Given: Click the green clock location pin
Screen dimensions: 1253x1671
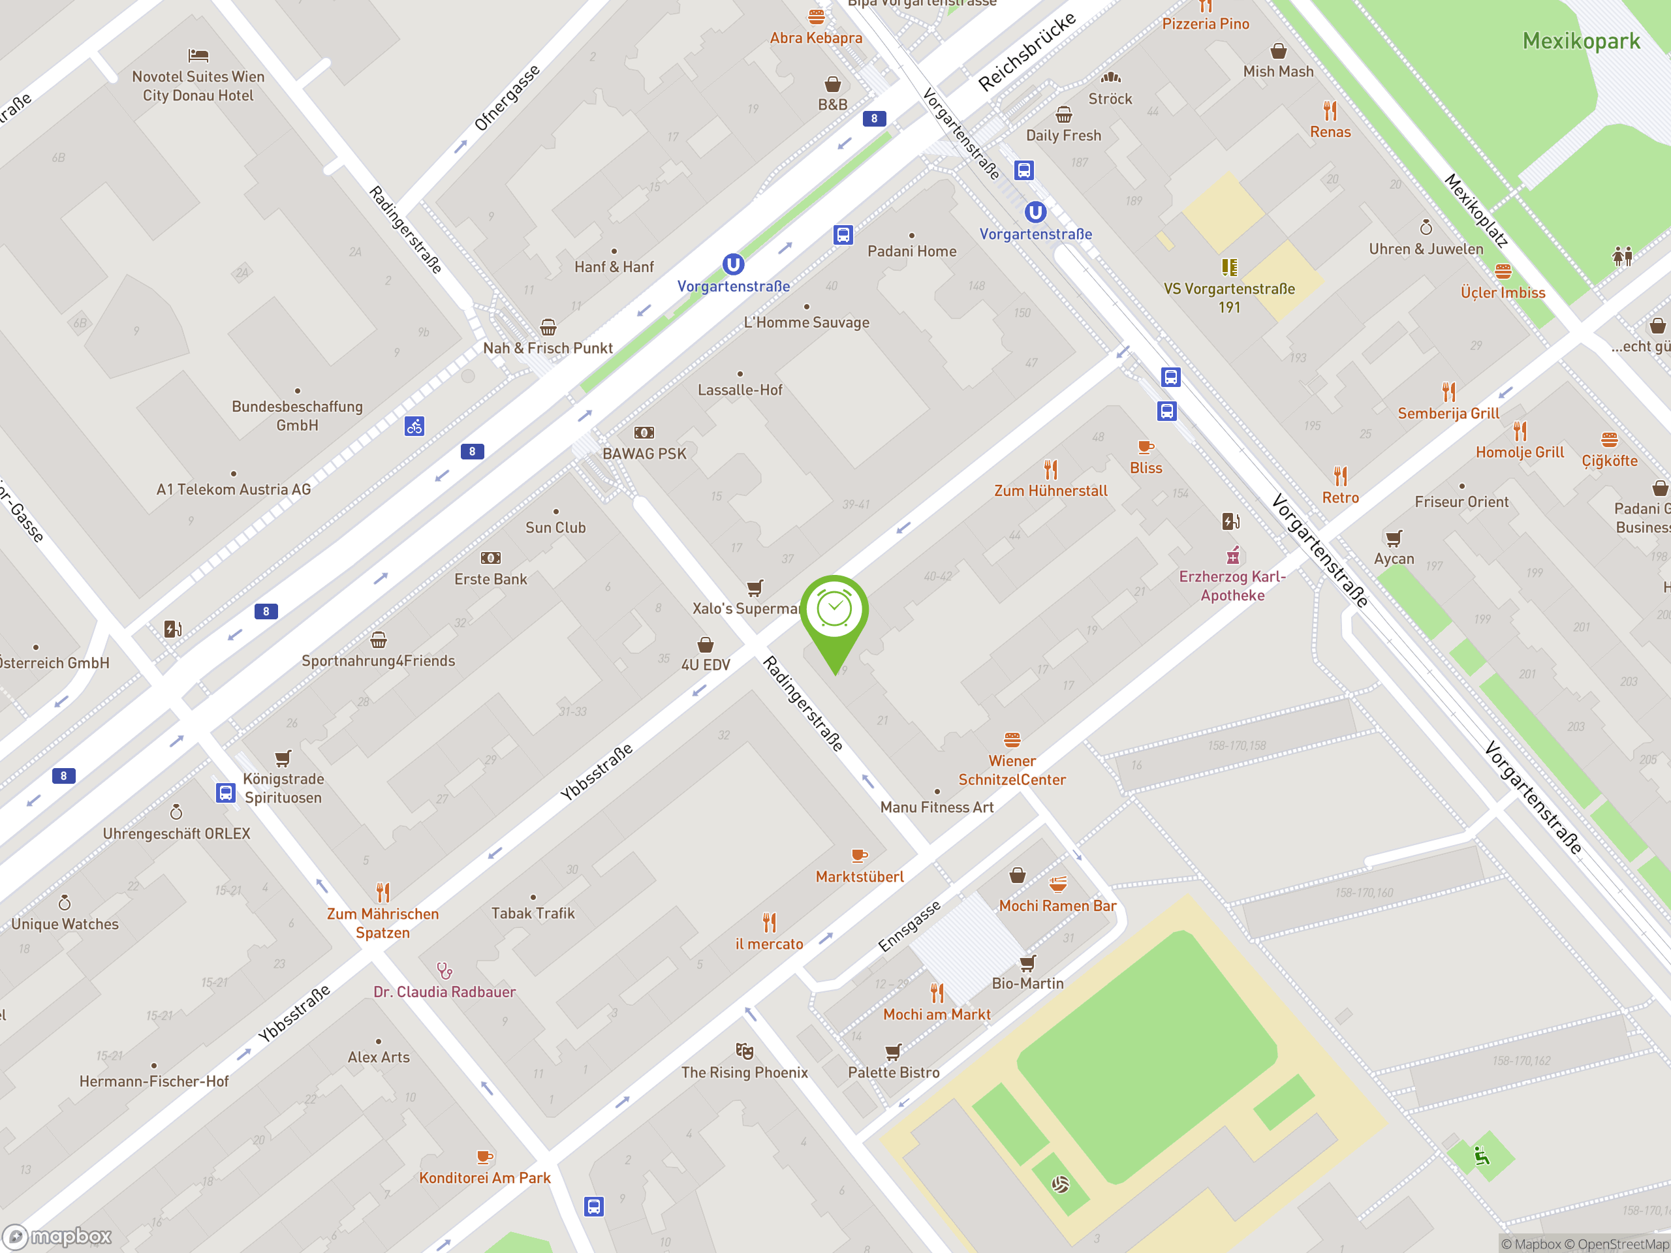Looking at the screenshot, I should (x=834, y=611).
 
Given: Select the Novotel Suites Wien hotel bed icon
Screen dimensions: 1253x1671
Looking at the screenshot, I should (x=198, y=55).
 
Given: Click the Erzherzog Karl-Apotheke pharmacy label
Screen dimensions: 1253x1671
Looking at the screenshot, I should (x=1232, y=585).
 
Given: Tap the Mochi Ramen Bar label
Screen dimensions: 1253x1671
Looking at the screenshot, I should (x=1057, y=906).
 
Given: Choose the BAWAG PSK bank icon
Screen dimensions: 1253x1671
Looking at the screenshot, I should (x=644, y=433).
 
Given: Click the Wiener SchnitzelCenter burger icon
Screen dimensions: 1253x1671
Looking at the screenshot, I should (x=1012, y=739).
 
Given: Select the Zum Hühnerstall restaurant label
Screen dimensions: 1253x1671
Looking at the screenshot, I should (x=1050, y=491).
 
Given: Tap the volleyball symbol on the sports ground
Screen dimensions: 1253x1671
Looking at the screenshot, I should (x=1060, y=1184).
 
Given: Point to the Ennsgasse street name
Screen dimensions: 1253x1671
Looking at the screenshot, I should (x=909, y=926).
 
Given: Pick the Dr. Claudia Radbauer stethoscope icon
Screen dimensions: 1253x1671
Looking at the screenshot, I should (x=445, y=970).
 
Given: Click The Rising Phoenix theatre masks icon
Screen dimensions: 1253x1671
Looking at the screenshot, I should (x=744, y=1051).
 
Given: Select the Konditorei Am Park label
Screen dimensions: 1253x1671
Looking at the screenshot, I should (x=484, y=1177).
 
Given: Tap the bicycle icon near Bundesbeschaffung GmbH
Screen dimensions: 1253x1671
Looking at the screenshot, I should (x=414, y=426).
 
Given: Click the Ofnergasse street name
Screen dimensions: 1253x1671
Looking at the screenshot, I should (x=507, y=97).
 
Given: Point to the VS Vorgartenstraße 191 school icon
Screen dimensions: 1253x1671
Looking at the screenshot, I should (x=1229, y=268).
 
